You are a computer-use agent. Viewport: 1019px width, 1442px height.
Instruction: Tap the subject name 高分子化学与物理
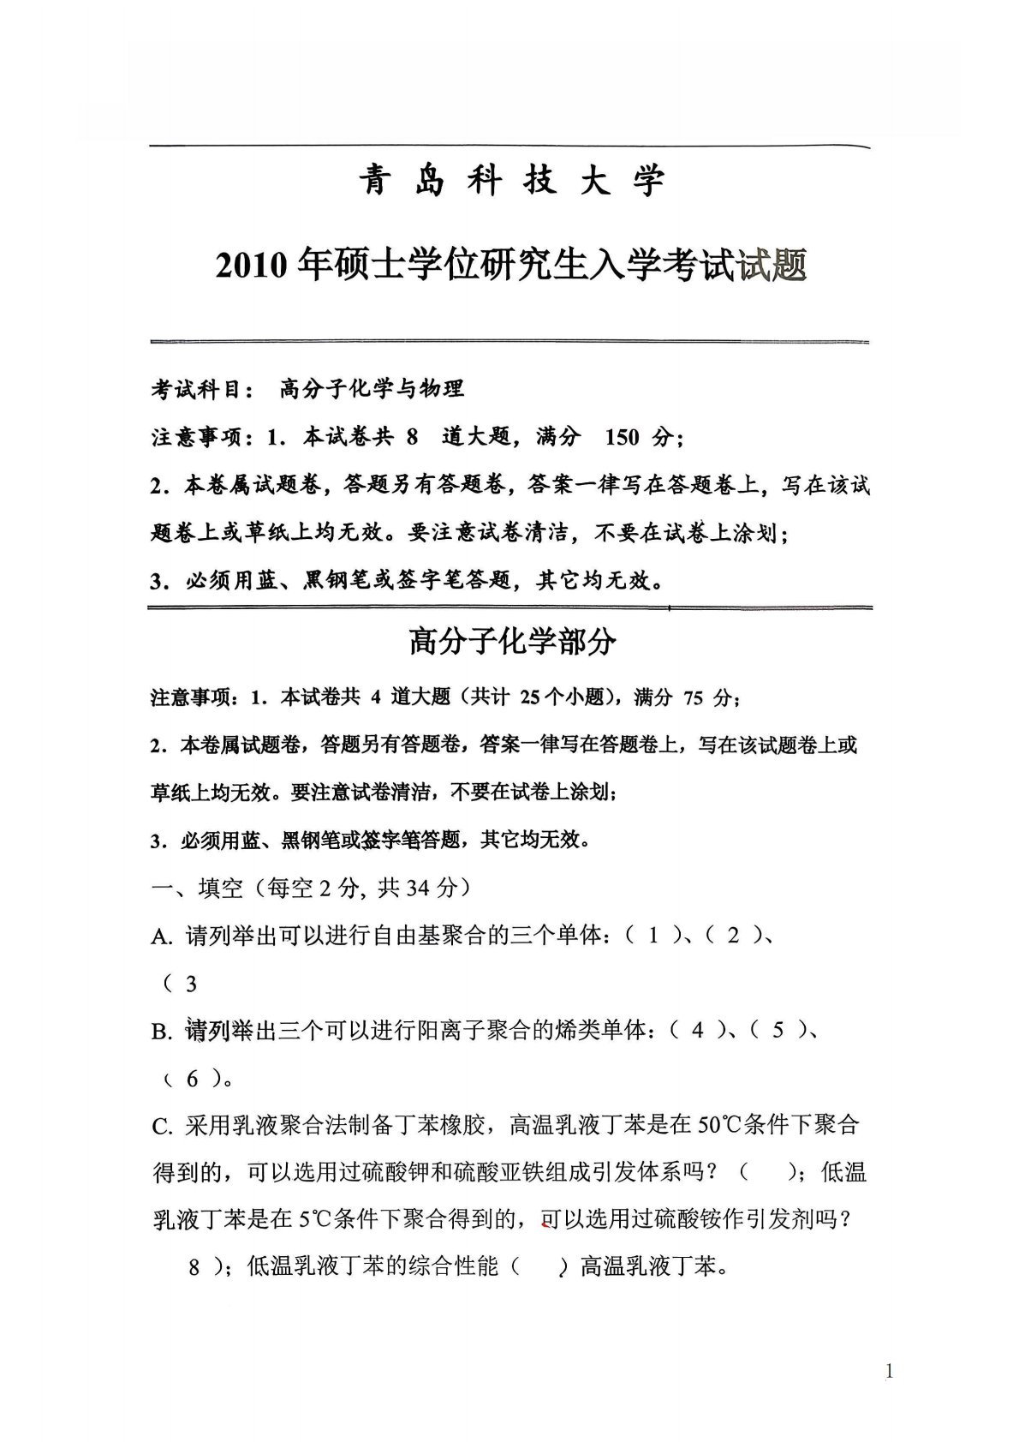[372, 388]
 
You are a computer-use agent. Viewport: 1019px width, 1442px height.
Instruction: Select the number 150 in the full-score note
[622, 437]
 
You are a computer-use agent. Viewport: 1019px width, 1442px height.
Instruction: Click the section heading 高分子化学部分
[512, 642]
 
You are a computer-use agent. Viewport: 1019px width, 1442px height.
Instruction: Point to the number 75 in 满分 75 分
[693, 698]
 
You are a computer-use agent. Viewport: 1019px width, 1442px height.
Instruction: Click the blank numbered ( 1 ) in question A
[653, 936]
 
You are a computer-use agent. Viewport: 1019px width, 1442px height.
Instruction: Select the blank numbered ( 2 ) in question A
[733, 936]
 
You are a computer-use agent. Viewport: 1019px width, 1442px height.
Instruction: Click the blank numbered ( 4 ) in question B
[698, 1030]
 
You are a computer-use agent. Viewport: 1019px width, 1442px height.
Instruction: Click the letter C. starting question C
[163, 1126]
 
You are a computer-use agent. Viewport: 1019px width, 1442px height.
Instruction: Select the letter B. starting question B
[163, 1031]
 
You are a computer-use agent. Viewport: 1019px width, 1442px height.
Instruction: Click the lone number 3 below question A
[191, 984]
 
